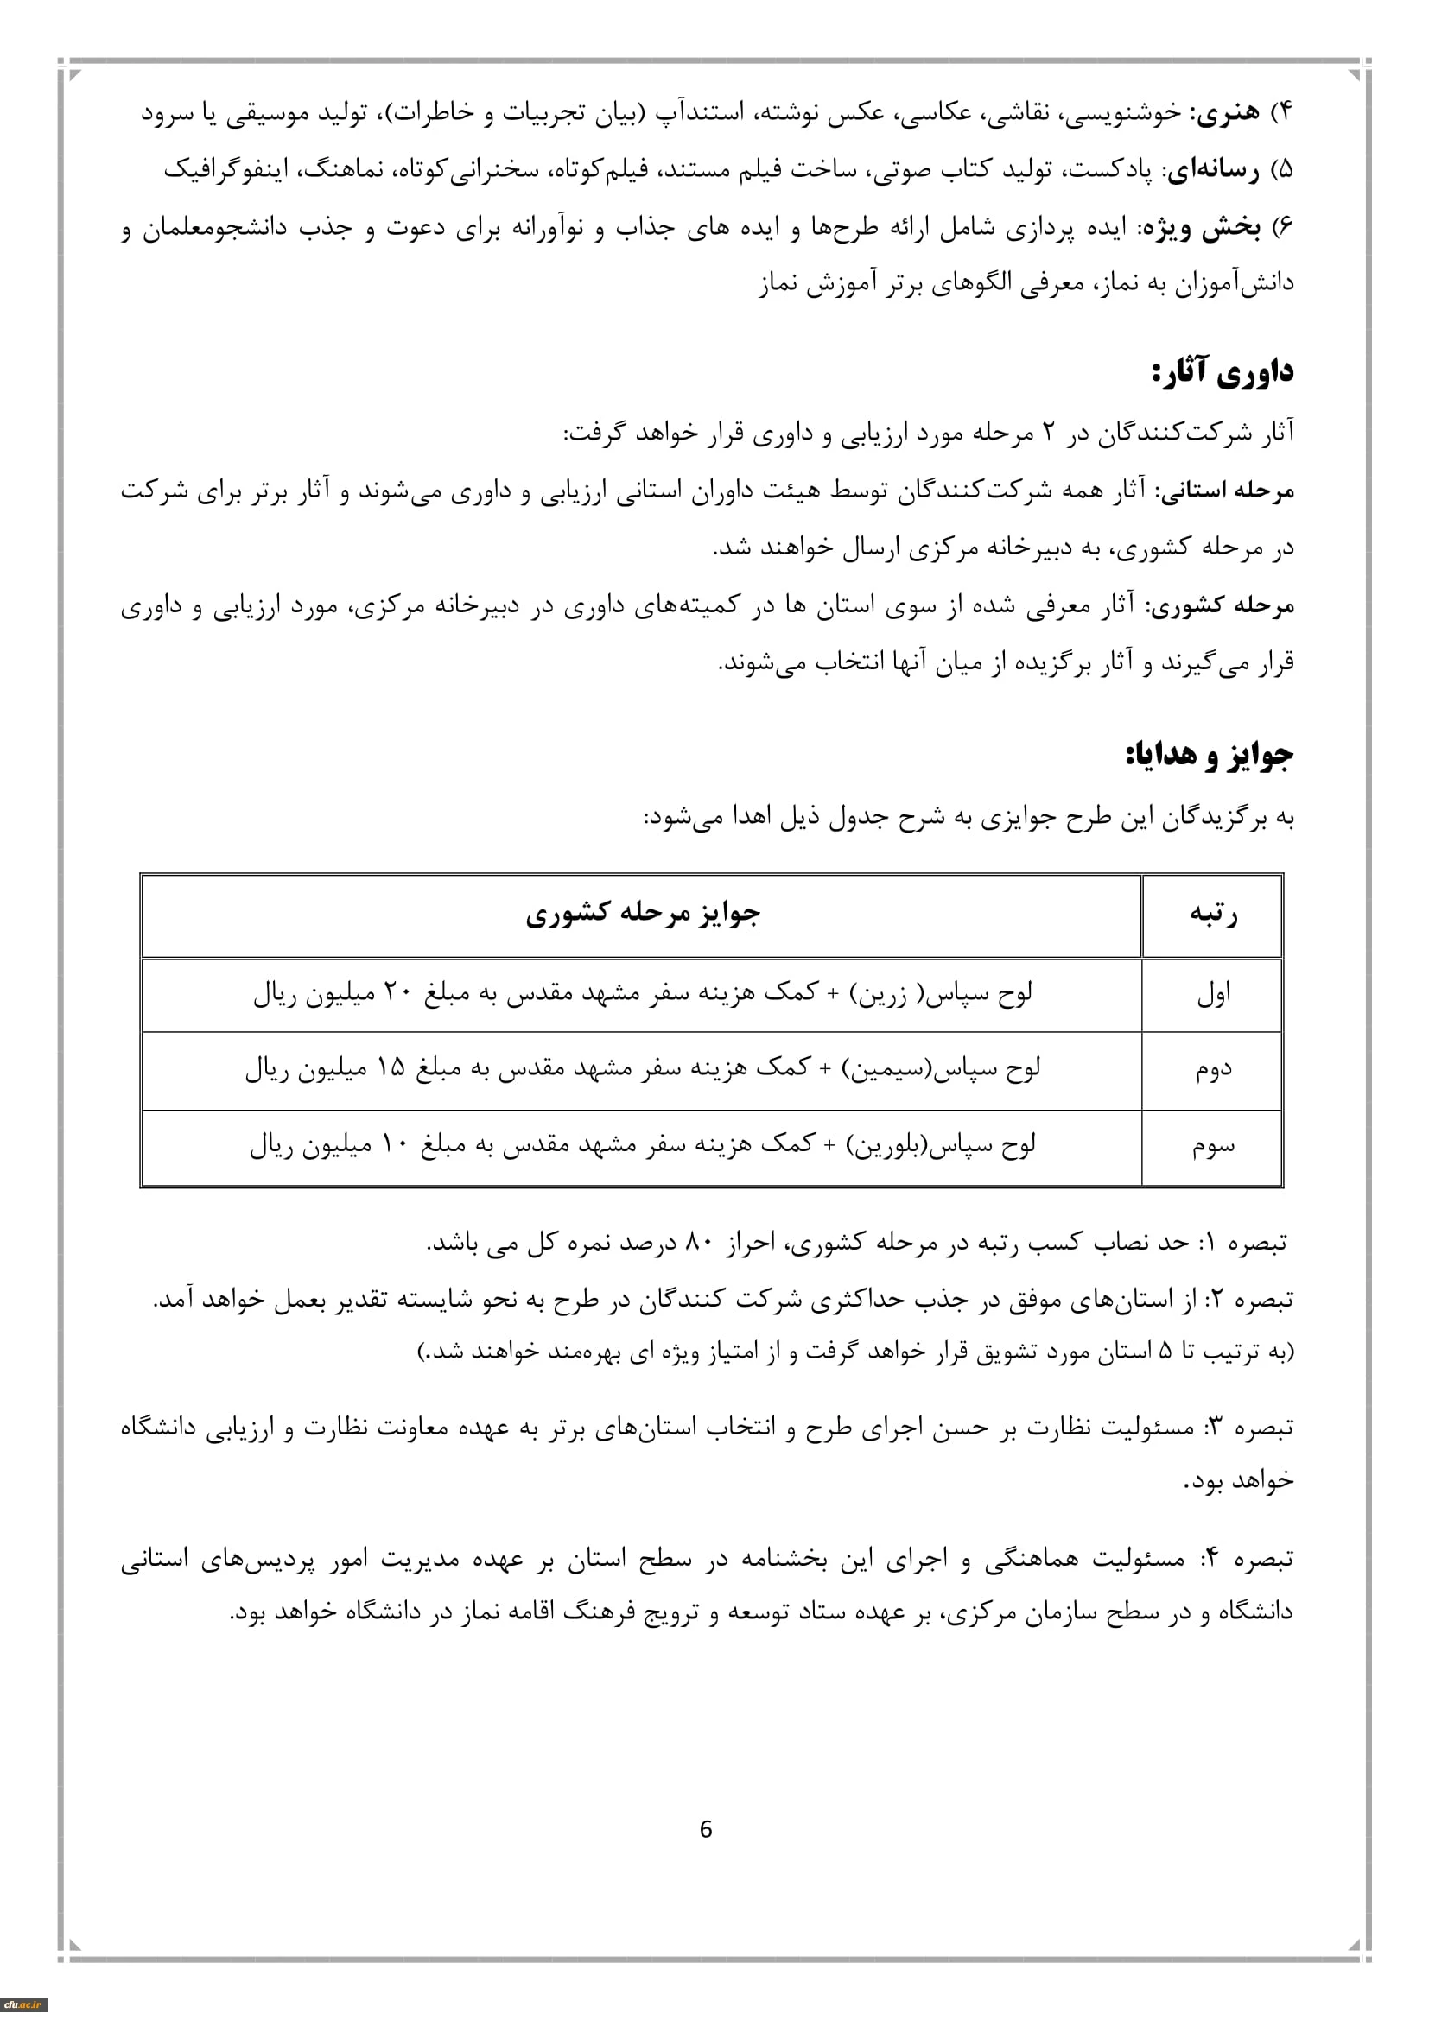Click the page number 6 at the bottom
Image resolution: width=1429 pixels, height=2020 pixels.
705,1829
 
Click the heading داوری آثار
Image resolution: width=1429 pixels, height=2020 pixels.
1223,372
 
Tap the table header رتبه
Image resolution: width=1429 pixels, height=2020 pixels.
1213,914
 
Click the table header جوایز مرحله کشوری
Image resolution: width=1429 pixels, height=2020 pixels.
642,914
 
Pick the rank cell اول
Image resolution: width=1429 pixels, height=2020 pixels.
1213,995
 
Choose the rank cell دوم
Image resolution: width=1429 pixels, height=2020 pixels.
1213,1071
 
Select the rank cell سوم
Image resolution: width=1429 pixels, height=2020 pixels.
1213,1146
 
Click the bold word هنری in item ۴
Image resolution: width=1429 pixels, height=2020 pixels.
1224,112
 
